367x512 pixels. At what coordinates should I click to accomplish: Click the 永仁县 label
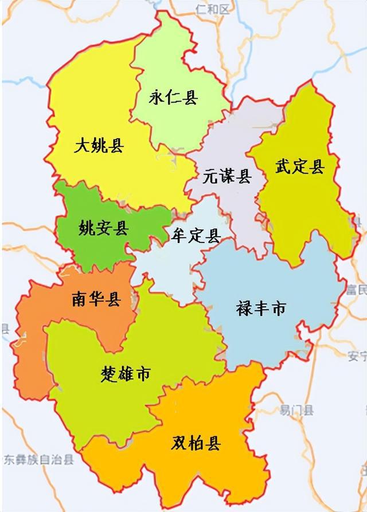click(x=173, y=97)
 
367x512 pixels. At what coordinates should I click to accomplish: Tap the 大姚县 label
click(x=99, y=146)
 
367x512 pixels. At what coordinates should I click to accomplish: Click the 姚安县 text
click(x=104, y=229)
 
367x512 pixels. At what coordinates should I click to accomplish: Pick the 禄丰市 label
click(x=261, y=309)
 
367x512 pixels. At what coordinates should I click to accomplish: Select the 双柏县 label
click(x=196, y=443)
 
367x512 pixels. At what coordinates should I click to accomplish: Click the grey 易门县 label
click(x=297, y=410)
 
